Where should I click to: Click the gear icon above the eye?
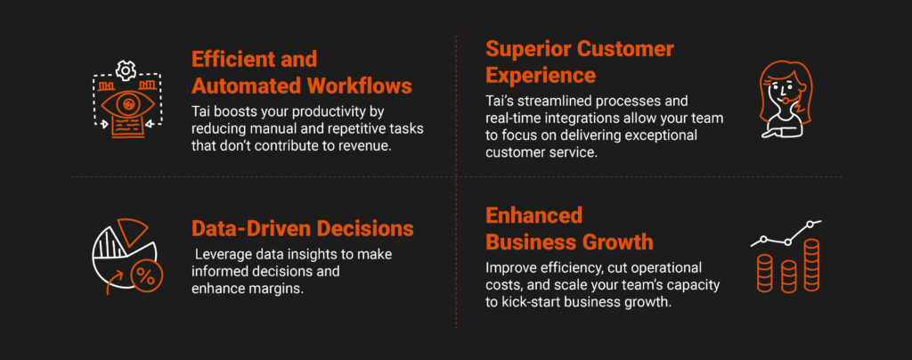[x=126, y=70]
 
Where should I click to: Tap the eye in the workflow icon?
[x=127, y=104]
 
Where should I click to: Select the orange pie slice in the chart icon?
[x=133, y=230]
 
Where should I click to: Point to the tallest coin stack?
[x=811, y=265]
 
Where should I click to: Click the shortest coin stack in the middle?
[x=788, y=276]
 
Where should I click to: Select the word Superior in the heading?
[x=528, y=49]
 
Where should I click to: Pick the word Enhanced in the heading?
[x=534, y=215]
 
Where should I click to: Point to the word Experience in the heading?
[x=541, y=76]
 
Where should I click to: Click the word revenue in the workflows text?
[x=366, y=145]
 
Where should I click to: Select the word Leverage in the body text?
[x=219, y=255]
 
